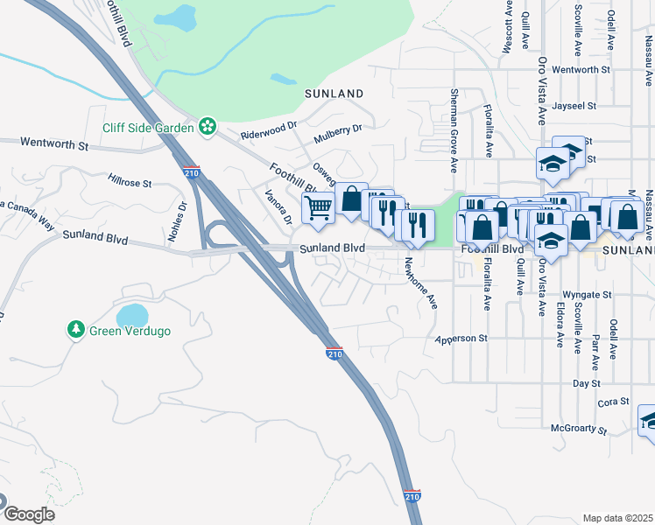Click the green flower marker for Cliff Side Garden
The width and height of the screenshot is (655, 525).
point(208,128)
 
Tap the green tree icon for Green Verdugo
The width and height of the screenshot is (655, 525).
point(76,330)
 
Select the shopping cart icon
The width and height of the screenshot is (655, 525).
point(317,207)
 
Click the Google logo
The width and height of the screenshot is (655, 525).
point(28,514)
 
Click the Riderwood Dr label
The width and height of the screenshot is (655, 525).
point(270,134)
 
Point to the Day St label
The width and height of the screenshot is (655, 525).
point(586,383)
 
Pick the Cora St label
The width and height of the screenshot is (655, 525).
point(613,402)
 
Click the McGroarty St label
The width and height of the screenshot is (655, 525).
point(579,429)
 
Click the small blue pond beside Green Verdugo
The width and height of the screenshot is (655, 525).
point(132,314)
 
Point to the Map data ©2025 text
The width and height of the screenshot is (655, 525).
point(617,518)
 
